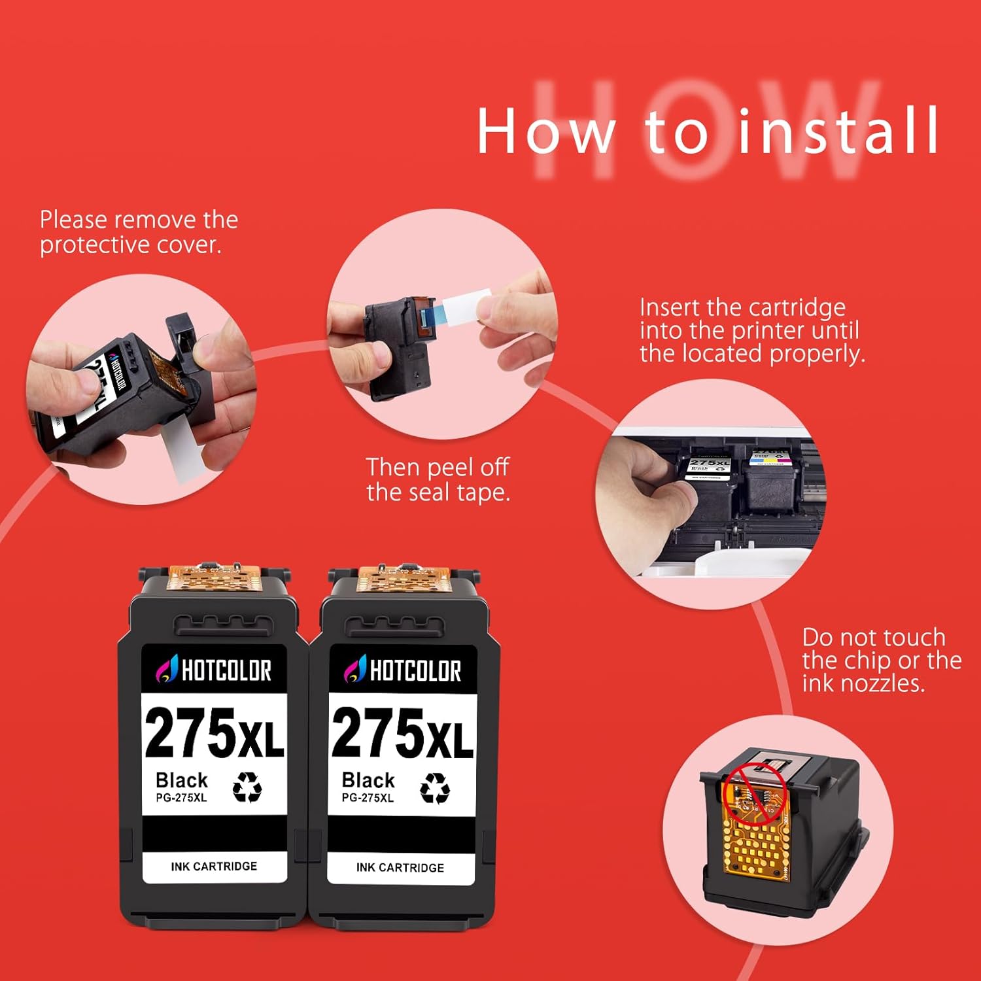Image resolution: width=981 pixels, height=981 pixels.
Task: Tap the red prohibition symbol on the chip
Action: (754, 793)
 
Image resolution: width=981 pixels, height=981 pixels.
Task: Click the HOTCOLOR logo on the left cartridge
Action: (214, 670)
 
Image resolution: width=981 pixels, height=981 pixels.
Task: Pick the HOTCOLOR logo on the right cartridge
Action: (402, 670)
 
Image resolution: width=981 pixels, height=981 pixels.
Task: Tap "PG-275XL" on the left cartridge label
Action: (181, 798)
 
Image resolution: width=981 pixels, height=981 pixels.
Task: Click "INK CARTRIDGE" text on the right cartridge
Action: (400, 868)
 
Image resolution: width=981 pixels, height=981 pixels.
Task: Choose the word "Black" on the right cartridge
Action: (368, 780)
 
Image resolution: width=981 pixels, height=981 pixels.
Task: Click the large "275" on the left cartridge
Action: (190, 734)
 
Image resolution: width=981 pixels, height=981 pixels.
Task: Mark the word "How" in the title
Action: (546, 131)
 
